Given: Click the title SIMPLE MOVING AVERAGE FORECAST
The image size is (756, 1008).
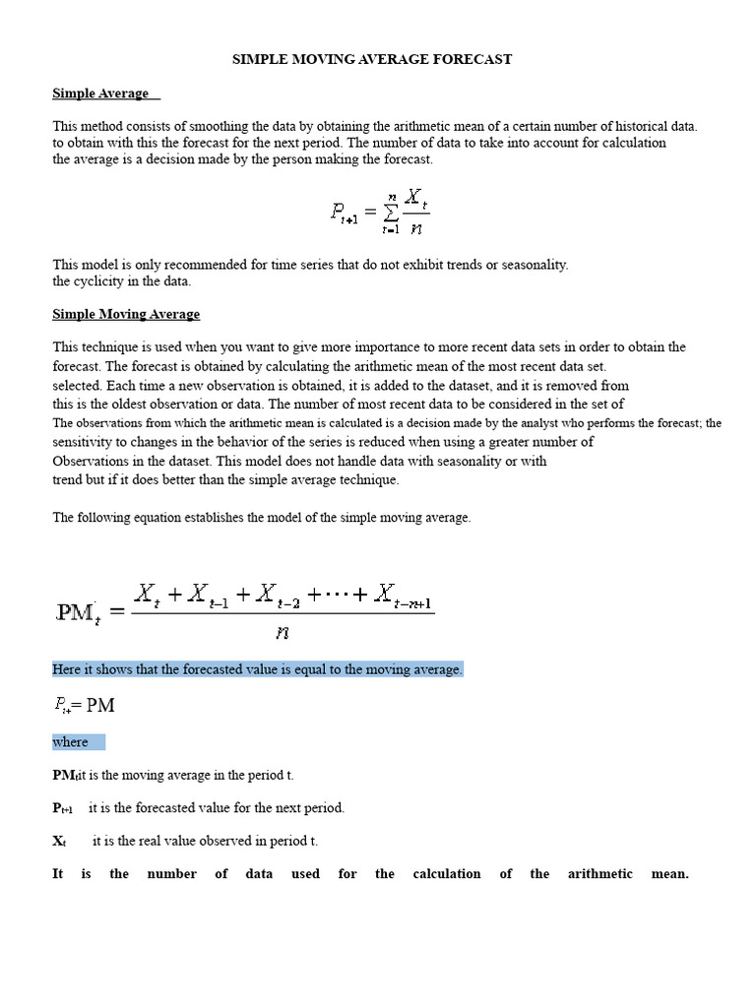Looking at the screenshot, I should [x=372, y=59].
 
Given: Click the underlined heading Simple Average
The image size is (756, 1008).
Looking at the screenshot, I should [x=100, y=94].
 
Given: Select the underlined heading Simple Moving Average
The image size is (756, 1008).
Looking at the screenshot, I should [x=126, y=314].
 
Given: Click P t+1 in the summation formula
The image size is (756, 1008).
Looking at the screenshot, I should [x=344, y=212].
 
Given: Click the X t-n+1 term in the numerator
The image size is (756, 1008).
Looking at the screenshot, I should [x=405, y=596].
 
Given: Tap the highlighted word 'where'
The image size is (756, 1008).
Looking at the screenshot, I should [x=71, y=742].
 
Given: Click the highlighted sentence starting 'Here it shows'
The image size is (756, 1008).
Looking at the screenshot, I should [x=257, y=669].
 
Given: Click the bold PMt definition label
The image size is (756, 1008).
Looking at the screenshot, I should [x=64, y=776].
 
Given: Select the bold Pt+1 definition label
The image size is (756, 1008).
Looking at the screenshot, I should [x=63, y=808].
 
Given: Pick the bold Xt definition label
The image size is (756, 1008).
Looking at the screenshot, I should [x=60, y=842].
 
